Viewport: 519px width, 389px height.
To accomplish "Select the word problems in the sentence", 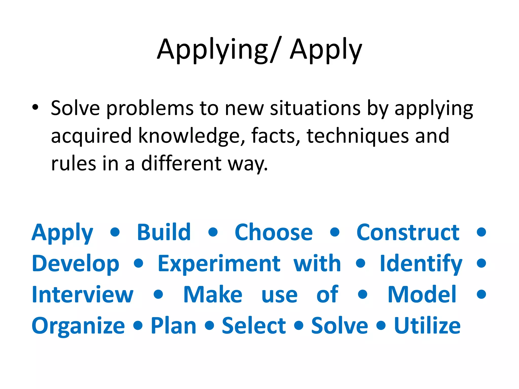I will coord(150,108).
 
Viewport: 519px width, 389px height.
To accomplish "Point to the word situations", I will coord(315,108).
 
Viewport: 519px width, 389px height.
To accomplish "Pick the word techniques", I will coord(358,136).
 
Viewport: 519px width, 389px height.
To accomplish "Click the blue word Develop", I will coord(76,264).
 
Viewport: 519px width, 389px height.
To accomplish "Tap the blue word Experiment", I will coord(219,264).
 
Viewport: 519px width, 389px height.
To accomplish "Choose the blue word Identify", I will coord(421,264).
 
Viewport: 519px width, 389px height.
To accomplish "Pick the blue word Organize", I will coord(78,326).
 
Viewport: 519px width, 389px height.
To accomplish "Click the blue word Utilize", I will coord(427,326).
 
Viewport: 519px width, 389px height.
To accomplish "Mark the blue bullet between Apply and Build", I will coord(115,232).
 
